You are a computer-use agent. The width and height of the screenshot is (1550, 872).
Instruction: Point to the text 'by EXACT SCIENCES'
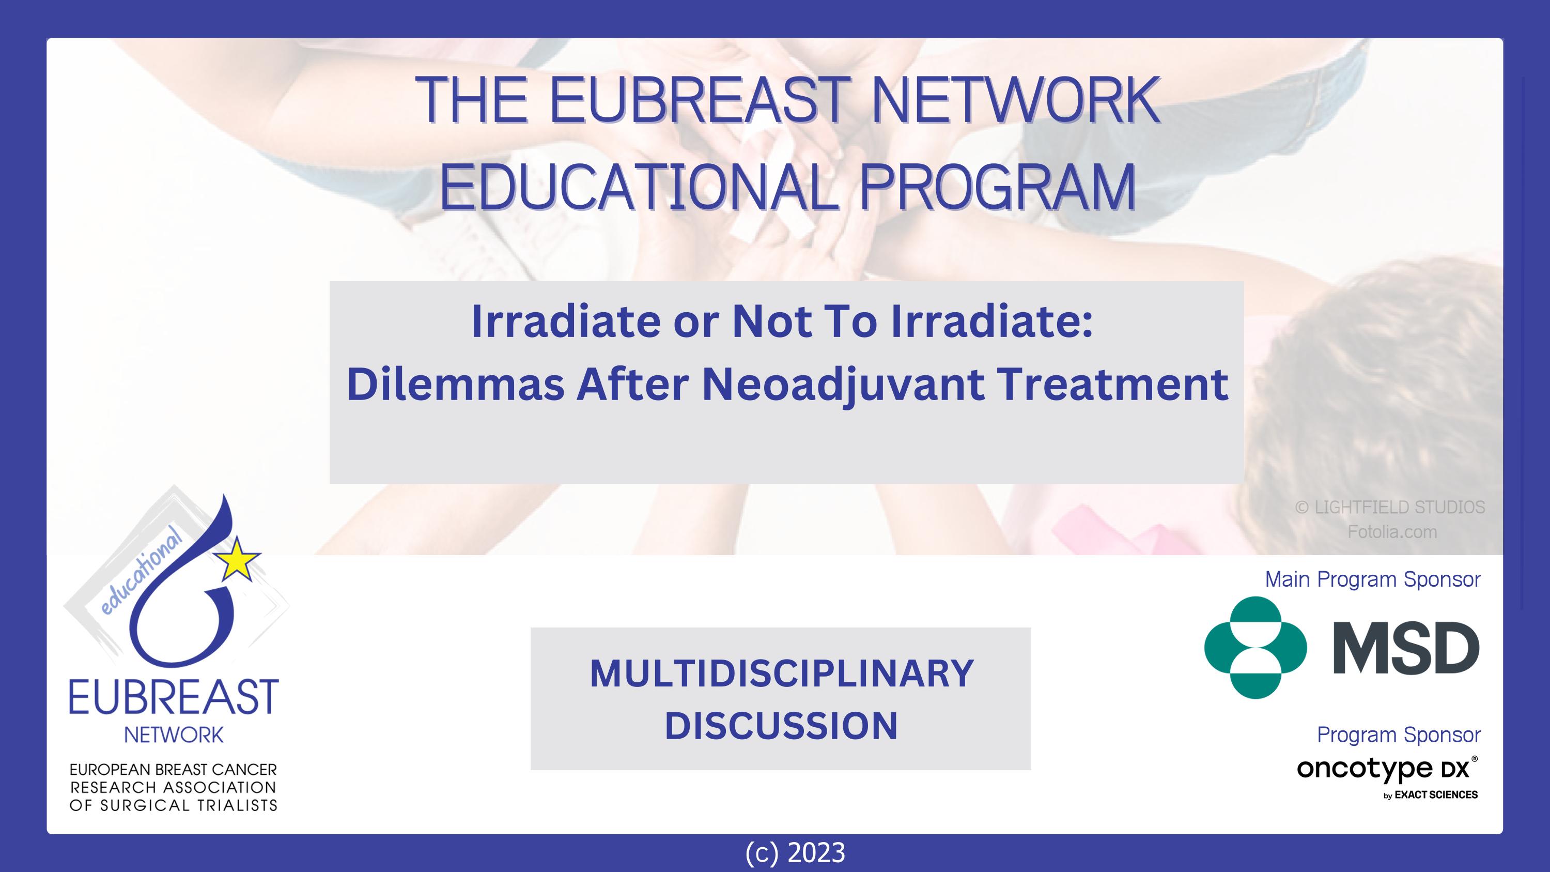click(x=1431, y=795)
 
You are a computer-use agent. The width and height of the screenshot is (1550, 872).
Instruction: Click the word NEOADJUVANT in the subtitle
click(x=844, y=386)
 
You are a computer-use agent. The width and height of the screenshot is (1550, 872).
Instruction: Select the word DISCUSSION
click(x=781, y=725)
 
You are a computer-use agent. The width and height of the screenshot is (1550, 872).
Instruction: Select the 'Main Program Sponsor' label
click(x=1372, y=579)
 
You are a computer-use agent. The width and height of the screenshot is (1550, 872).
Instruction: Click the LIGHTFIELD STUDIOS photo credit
click(x=1390, y=507)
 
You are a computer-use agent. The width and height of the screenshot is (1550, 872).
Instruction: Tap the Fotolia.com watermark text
click(x=1392, y=532)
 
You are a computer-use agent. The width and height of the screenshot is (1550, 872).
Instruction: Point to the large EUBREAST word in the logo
click(x=174, y=696)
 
